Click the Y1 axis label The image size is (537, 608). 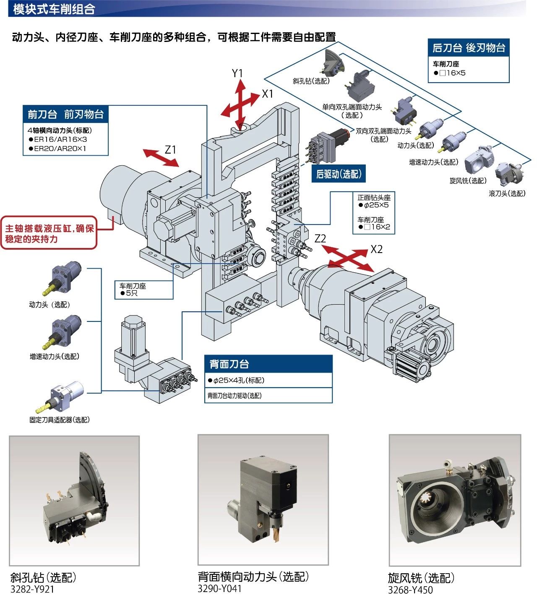(237, 73)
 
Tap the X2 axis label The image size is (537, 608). (376, 249)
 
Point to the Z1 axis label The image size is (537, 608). (170, 150)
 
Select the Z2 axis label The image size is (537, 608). (320, 238)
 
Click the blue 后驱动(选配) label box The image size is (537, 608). (339, 174)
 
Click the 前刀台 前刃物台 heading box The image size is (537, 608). (66, 114)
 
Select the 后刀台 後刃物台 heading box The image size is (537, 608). (468, 48)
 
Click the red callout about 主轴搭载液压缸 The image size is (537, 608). (49, 234)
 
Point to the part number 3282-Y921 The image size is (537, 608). (32, 589)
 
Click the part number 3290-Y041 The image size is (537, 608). (219, 589)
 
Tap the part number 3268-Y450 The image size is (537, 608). (410, 590)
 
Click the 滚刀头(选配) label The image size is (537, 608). (507, 193)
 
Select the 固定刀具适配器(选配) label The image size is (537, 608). (60, 420)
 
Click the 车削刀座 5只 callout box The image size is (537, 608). (144, 290)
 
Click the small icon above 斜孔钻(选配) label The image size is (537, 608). (334, 63)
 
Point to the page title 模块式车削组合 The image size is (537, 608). (54, 9)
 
